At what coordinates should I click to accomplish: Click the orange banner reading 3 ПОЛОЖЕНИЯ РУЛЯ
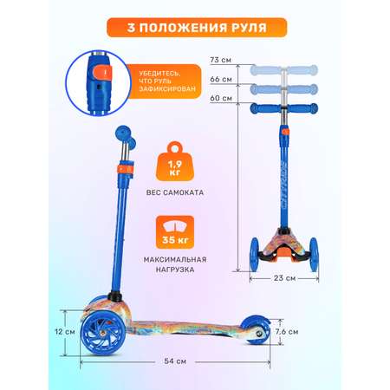coord(197,28)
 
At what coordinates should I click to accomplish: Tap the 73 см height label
coord(221,60)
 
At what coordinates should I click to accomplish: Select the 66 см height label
coord(221,79)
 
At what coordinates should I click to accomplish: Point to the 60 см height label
coord(221,98)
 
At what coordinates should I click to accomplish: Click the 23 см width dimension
coord(284,278)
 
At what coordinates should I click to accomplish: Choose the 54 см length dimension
coord(175,361)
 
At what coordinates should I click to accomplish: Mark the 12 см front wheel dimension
coord(65,332)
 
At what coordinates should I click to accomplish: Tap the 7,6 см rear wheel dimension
coord(287,332)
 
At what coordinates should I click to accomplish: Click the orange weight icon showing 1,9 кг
coord(175,161)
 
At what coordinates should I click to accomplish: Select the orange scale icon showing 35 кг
coord(175,232)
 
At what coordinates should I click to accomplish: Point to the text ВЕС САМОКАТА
coord(175,192)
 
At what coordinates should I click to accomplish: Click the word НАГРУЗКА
coord(175,270)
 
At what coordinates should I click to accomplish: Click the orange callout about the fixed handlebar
coord(164,81)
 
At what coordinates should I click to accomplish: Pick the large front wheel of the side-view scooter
coord(103,335)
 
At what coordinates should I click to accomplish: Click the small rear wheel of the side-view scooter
coord(256,330)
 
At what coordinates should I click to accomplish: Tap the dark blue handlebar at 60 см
coord(283,108)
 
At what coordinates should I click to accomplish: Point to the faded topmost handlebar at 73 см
coord(283,70)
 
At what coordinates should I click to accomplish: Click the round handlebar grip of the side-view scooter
coord(123,133)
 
